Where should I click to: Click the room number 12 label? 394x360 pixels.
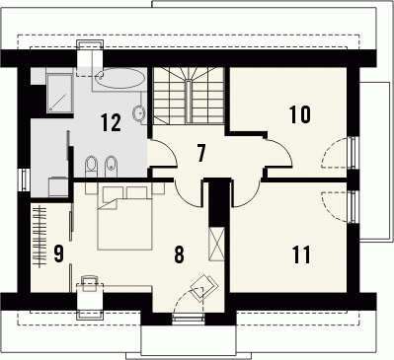tap(111, 122)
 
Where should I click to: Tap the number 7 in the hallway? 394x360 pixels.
tap(201, 153)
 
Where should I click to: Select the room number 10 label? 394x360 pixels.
tap(300, 114)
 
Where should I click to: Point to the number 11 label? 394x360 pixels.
tap(301, 254)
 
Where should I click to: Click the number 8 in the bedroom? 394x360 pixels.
tap(179, 254)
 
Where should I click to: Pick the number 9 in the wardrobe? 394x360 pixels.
tap(58, 253)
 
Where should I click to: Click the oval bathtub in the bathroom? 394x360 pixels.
tap(119, 78)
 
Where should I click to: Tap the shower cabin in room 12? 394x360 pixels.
tap(59, 94)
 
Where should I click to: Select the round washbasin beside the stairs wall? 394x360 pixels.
tap(139, 112)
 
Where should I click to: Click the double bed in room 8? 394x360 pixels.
tap(125, 217)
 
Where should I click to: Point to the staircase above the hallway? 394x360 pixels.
tap(189, 96)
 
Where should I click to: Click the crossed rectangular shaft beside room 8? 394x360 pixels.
tap(216, 244)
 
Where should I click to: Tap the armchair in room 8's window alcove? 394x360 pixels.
tap(204, 288)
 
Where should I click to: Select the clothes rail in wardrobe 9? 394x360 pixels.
tap(40, 237)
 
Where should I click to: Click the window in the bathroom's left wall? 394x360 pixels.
tap(25, 180)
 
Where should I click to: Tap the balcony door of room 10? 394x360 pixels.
tap(353, 152)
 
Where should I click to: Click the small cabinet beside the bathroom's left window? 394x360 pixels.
tap(58, 186)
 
